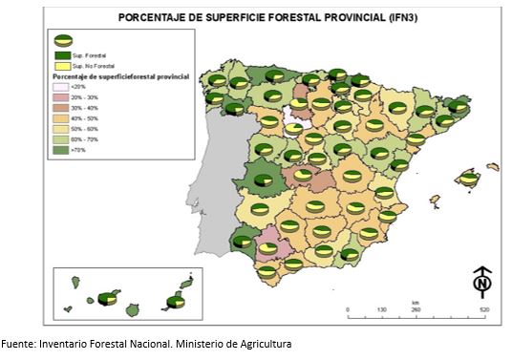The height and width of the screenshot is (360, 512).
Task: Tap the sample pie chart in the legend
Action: point(63,40)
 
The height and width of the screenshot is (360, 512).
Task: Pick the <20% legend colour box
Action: point(59,87)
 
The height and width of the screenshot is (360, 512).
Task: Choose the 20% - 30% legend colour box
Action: point(59,98)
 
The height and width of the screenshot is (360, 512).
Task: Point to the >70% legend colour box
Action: point(59,151)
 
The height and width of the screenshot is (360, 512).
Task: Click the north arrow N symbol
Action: point(482,283)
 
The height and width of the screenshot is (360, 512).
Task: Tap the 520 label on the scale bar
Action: point(484,311)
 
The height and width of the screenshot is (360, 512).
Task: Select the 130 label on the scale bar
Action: point(381,311)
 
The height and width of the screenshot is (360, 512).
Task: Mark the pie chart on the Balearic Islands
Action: point(467,178)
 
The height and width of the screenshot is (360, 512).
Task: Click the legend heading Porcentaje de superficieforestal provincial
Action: point(118,74)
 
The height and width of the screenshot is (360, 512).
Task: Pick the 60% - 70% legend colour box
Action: point(59,140)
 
